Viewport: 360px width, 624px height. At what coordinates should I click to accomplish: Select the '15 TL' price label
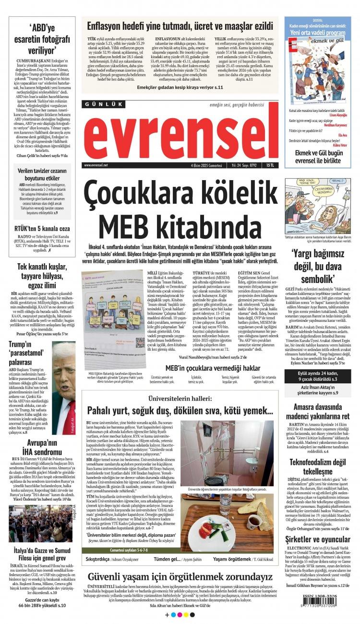[272, 165]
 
